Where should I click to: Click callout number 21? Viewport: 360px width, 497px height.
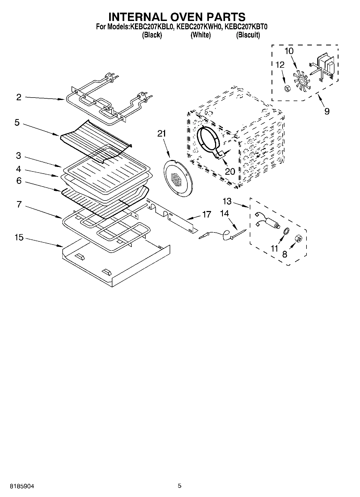coord(162,134)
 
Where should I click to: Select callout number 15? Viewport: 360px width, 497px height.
coord(19,238)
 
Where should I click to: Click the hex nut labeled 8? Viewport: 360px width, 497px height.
coord(298,238)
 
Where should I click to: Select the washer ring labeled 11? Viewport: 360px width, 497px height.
coord(287,231)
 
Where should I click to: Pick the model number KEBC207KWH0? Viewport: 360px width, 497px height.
coord(199,27)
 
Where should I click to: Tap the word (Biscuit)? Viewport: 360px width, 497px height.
coord(248,35)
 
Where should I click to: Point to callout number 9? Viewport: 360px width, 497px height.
coord(327,111)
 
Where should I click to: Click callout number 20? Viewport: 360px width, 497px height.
coord(230,171)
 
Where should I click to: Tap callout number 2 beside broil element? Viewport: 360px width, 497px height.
coord(19,97)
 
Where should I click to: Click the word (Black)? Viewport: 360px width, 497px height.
coord(152,35)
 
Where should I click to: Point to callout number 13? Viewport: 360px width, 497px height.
coord(227,201)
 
